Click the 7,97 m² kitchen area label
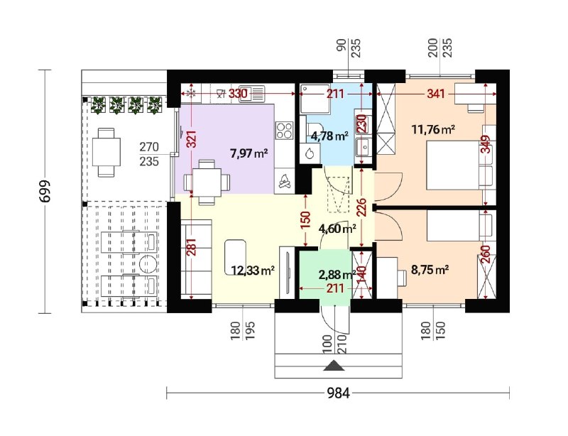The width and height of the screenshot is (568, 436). coord(249,153)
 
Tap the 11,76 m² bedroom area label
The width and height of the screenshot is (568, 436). coord(433,129)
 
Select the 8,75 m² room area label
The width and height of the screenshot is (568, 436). coord(430,270)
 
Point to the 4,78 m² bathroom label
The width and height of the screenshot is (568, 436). coord(329,136)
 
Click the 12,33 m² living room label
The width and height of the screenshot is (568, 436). coord(253,270)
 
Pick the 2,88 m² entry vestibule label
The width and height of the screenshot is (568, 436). coord(337,275)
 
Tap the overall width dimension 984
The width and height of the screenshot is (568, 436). coord(339,393)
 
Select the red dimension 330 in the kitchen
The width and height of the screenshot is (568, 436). coord(238,94)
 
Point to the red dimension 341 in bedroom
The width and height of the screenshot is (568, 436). coord(435,94)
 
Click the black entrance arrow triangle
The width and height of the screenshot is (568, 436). coord(334,366)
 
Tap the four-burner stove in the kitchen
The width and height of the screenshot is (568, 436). coord(285,131)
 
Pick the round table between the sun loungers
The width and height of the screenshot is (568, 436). coord(148,264)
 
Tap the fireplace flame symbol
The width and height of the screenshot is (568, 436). coord(285,181)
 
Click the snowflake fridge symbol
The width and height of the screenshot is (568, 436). coord(190,94)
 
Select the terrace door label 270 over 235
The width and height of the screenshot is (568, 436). coord(149,154)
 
